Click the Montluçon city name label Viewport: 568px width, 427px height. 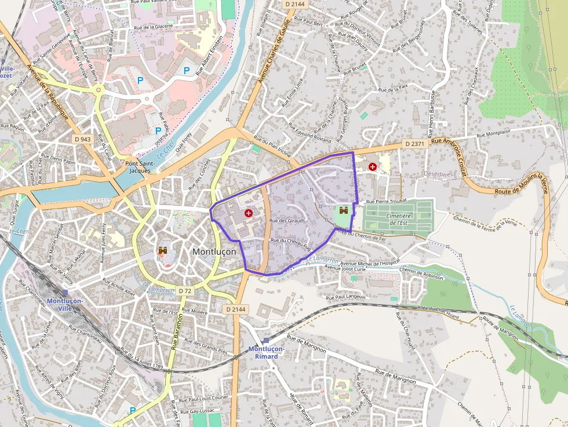(214, 252)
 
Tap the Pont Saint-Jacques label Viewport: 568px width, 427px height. (139, 167)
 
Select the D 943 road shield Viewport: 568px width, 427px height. (83, 139)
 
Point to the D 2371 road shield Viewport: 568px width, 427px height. (415, 143)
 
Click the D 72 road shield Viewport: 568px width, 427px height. (185, 290)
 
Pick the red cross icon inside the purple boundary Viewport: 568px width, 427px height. (249, 213)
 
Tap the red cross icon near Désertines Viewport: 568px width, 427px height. (372, 167)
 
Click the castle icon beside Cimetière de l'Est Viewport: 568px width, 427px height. (344, 211)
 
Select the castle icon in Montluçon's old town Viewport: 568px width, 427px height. (163, 251)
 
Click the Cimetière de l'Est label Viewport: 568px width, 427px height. (399, 219)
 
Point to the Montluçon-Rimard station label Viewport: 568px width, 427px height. (266, 352)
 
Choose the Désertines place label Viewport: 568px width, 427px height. (438, 174)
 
